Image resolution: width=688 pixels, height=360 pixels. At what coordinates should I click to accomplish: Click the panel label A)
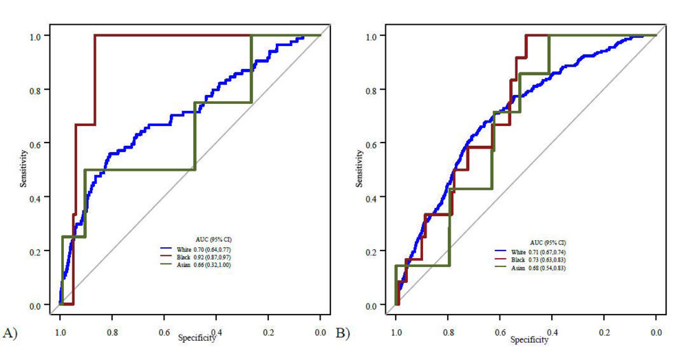coord(10,333)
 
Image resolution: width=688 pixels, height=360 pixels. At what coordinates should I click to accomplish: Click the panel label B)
coord(342,333)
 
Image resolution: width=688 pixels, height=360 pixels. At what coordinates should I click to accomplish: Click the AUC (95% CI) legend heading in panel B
coord(544,242)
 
